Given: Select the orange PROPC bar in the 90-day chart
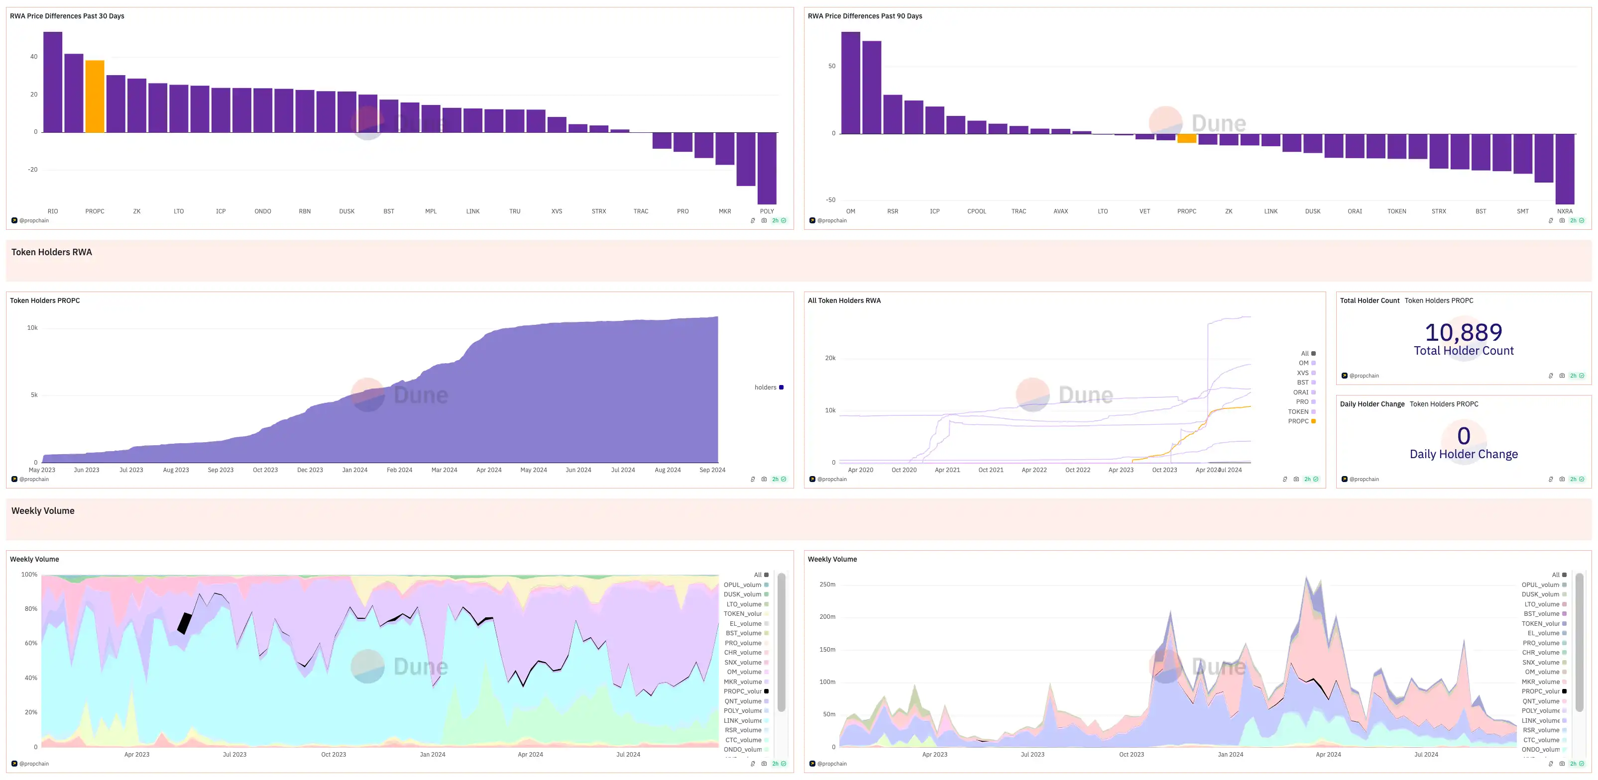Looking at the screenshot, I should click(1186, 138).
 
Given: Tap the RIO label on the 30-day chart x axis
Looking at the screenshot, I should click(53, 211).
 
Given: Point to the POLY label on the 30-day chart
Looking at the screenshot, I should click(767, 211).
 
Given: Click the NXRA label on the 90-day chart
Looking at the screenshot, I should click(1565, 211).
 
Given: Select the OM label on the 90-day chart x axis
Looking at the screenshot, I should click(850, 211).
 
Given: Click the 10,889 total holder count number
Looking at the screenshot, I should click(1464, 332).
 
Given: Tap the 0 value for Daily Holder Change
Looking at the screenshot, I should click(1464, 436).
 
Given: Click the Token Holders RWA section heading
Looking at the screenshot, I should click(51, 252).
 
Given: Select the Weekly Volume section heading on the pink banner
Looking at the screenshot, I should click(43, 511).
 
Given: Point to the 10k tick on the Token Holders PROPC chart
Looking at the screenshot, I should click(32, 328).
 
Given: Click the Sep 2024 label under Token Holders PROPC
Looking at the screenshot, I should click(712, 470).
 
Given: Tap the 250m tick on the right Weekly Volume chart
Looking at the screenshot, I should click(827, 585).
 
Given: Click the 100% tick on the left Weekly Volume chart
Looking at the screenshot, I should click(29, 575).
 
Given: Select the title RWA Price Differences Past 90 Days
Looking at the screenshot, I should click(865, 16).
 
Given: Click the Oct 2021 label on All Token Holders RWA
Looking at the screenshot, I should click(991, 470).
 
